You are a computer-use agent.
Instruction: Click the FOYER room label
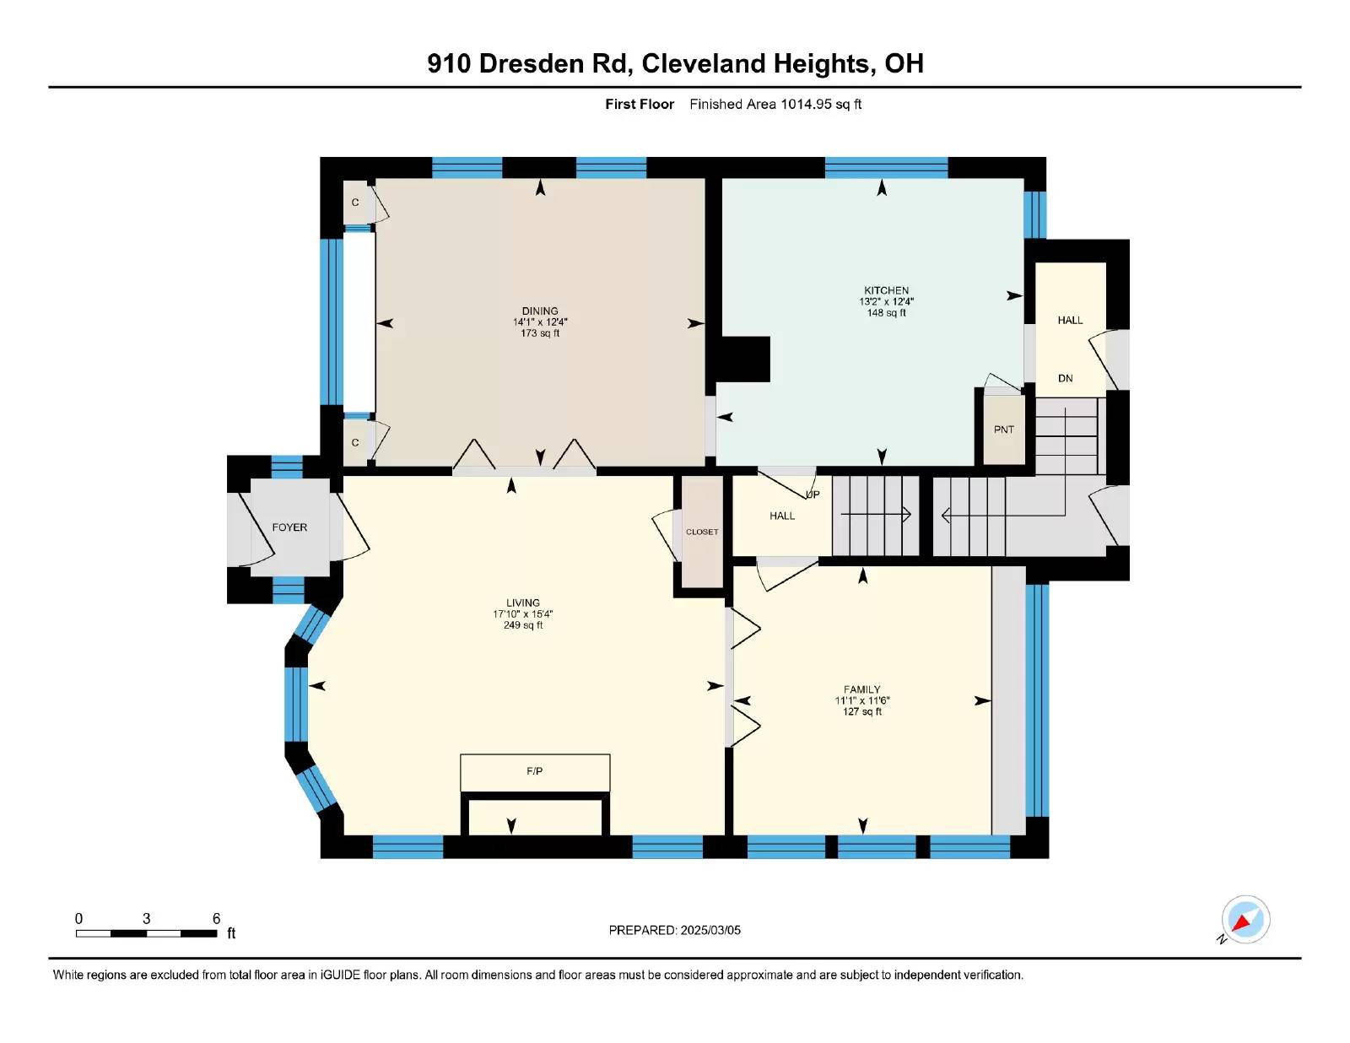[x=289, y=527]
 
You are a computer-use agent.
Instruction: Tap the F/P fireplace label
[x=534, y=771]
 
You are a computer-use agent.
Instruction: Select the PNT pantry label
[x=1004, y=430]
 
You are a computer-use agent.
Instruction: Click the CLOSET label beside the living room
[x=702, y=532]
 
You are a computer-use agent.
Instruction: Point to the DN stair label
[x=1066, y=378]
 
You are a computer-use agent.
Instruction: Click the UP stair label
[x=813, y=494]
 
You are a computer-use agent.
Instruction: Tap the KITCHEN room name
[x=887, y=290]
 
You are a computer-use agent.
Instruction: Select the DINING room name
[x=540, y=311]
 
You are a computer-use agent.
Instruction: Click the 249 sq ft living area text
[x=523, y=625]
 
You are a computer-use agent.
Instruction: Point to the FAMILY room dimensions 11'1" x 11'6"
[x=862, y=700]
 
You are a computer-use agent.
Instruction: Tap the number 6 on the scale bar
[x=216, y=918]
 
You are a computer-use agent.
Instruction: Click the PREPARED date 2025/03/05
[x=710, y=930]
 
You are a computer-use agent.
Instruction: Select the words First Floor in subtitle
[x=640, y=105]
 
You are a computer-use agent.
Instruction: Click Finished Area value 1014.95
[x=806, y=105]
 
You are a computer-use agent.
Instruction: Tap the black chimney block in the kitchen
[x=743, y=359]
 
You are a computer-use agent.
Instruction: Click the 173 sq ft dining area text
[x=540, y=333]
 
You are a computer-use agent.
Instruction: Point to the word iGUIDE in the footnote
[x=340, y=975]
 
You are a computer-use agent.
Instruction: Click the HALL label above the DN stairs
[x=1071, y=320]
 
